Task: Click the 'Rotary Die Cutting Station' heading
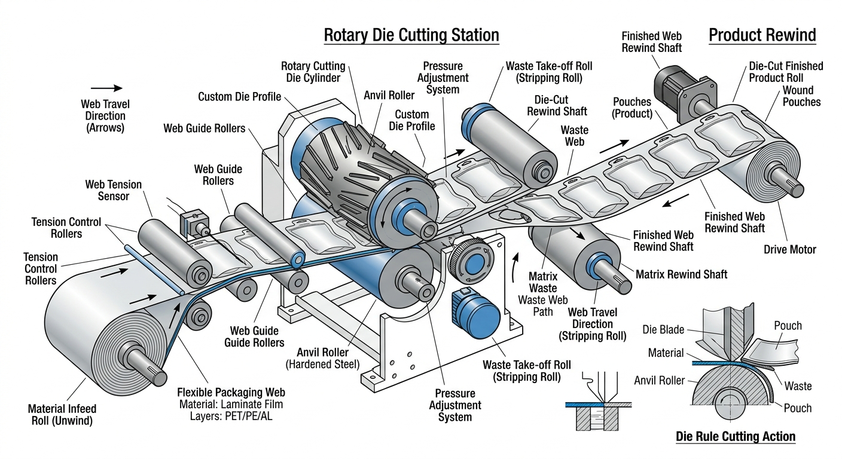click(x=411, y=35)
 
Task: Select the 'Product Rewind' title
click(x=762, y=35)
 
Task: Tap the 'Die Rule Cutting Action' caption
click(x=736, y=436)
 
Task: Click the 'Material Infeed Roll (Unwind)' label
click(x=62, y=415)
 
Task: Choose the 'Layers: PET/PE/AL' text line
click(x=231, y=417)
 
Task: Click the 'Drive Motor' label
click(x=789, y=249)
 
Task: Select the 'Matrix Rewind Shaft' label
click(x=681, y=274)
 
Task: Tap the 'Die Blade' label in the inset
click(x=663, y=329)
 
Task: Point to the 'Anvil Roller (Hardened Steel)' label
click(x=323, y=357)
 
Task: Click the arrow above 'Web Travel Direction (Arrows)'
click(x=106, y=88)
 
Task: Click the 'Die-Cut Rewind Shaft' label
click(x=557, y=106)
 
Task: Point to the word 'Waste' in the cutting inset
click(x=798, y=385)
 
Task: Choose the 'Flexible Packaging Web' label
click(x=231, y=393)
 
